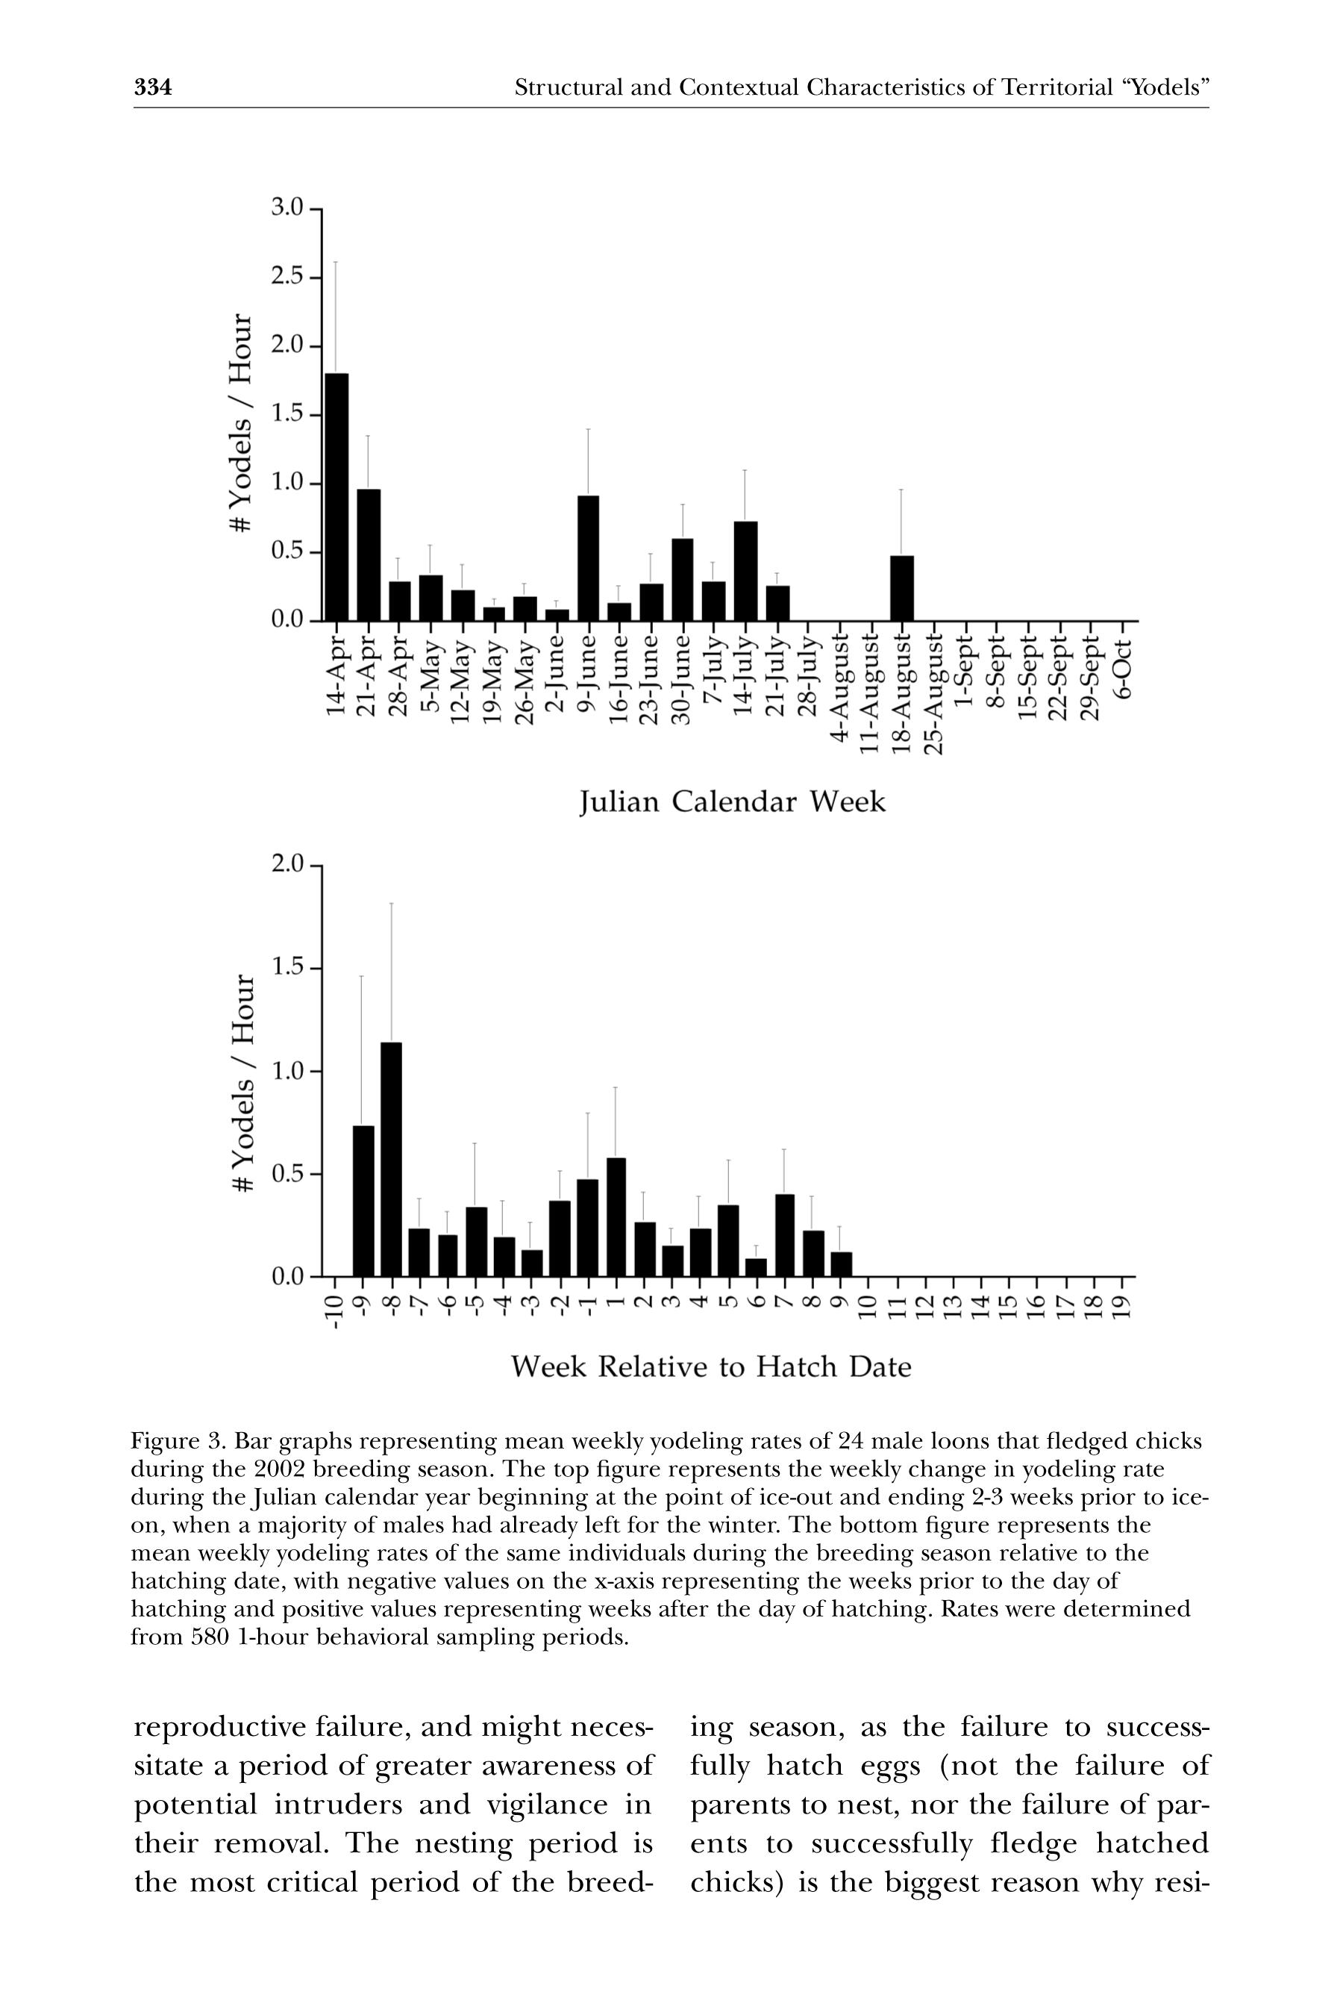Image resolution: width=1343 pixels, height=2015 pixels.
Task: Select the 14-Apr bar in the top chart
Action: (x=336, y=497)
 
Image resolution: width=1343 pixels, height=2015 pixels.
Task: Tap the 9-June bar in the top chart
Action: (x=589, y=557)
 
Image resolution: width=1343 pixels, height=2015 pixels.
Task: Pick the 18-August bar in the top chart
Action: (x=902, y=588)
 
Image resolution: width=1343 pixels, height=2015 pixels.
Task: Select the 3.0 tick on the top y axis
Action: (x=287, y=208)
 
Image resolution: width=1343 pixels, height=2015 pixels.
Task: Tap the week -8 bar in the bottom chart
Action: (x=392, y=1158)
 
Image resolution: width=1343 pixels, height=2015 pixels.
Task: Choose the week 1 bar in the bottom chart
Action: (x=616, y=1216)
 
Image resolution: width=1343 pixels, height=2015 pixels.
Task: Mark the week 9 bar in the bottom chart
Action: (x=842, y=1263)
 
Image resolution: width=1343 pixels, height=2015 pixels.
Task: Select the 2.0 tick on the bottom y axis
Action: (x=287, y=864)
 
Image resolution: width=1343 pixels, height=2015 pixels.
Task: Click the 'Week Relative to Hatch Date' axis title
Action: (x=711, y=1366)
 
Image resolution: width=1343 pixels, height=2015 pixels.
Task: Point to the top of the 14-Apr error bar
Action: (x=336, y=261)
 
